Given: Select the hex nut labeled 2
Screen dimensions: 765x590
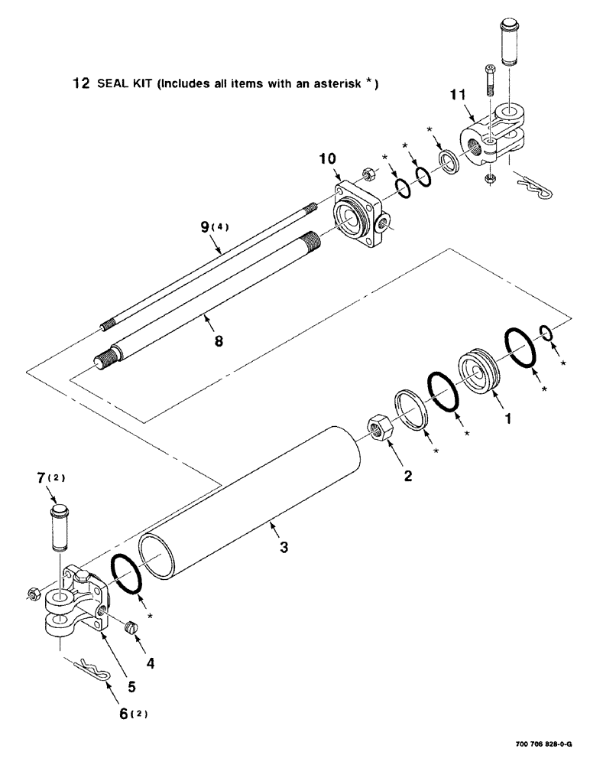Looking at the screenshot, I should coord(378,431).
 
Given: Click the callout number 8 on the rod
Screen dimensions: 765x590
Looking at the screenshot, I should coord(219,341).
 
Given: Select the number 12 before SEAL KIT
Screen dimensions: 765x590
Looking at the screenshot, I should coord(80,85).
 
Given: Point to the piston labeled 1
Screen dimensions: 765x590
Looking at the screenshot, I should coord(480,373).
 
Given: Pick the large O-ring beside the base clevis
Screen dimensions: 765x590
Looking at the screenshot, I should coord(127,574).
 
